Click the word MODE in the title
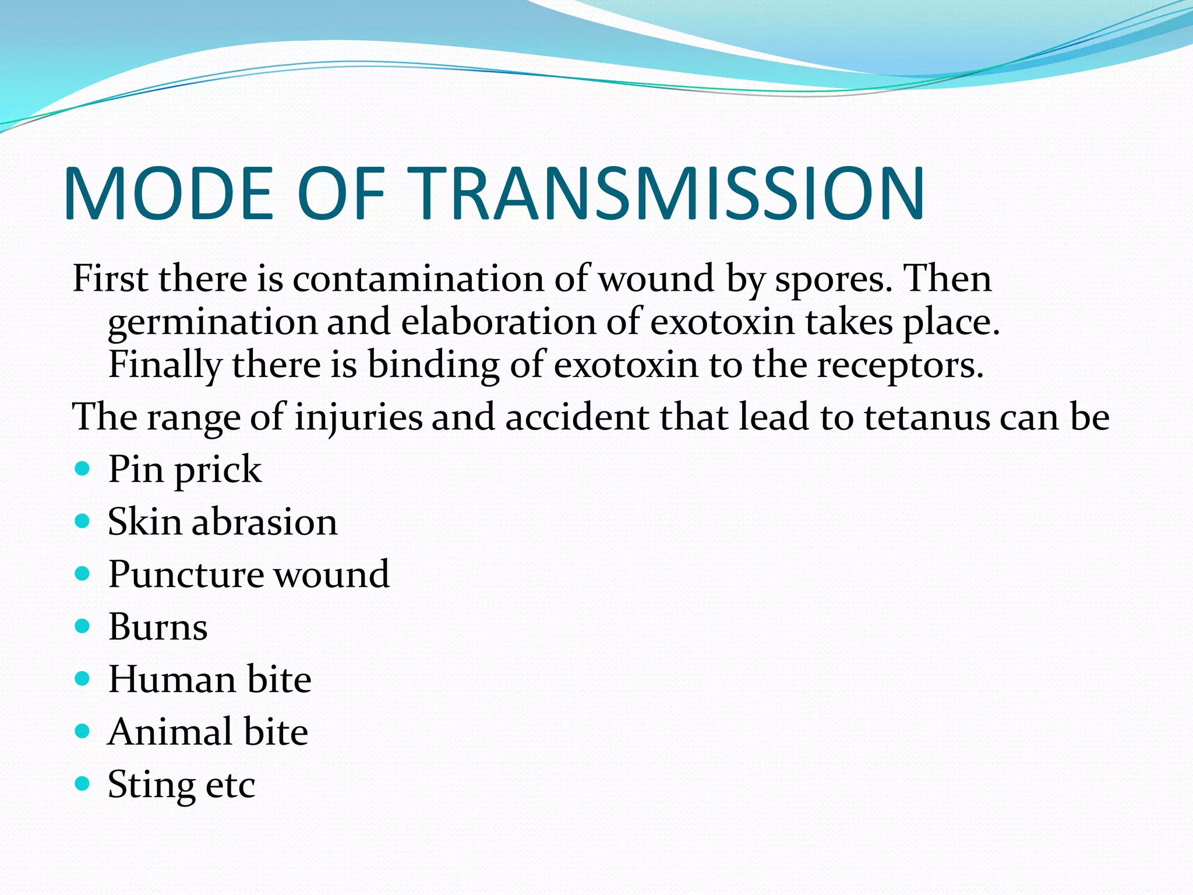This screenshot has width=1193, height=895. click(169, 194)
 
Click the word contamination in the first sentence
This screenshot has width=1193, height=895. click(418, 279)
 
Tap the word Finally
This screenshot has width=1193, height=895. click(165, 366)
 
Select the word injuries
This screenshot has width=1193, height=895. click(358, 418)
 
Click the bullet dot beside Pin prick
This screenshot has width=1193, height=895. click(83, 468)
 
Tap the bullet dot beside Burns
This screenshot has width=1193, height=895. click(83, 626)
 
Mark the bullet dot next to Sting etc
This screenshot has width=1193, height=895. click(83, 783)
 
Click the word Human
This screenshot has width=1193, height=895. click(172, 679)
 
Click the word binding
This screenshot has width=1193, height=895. click(433, 366)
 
